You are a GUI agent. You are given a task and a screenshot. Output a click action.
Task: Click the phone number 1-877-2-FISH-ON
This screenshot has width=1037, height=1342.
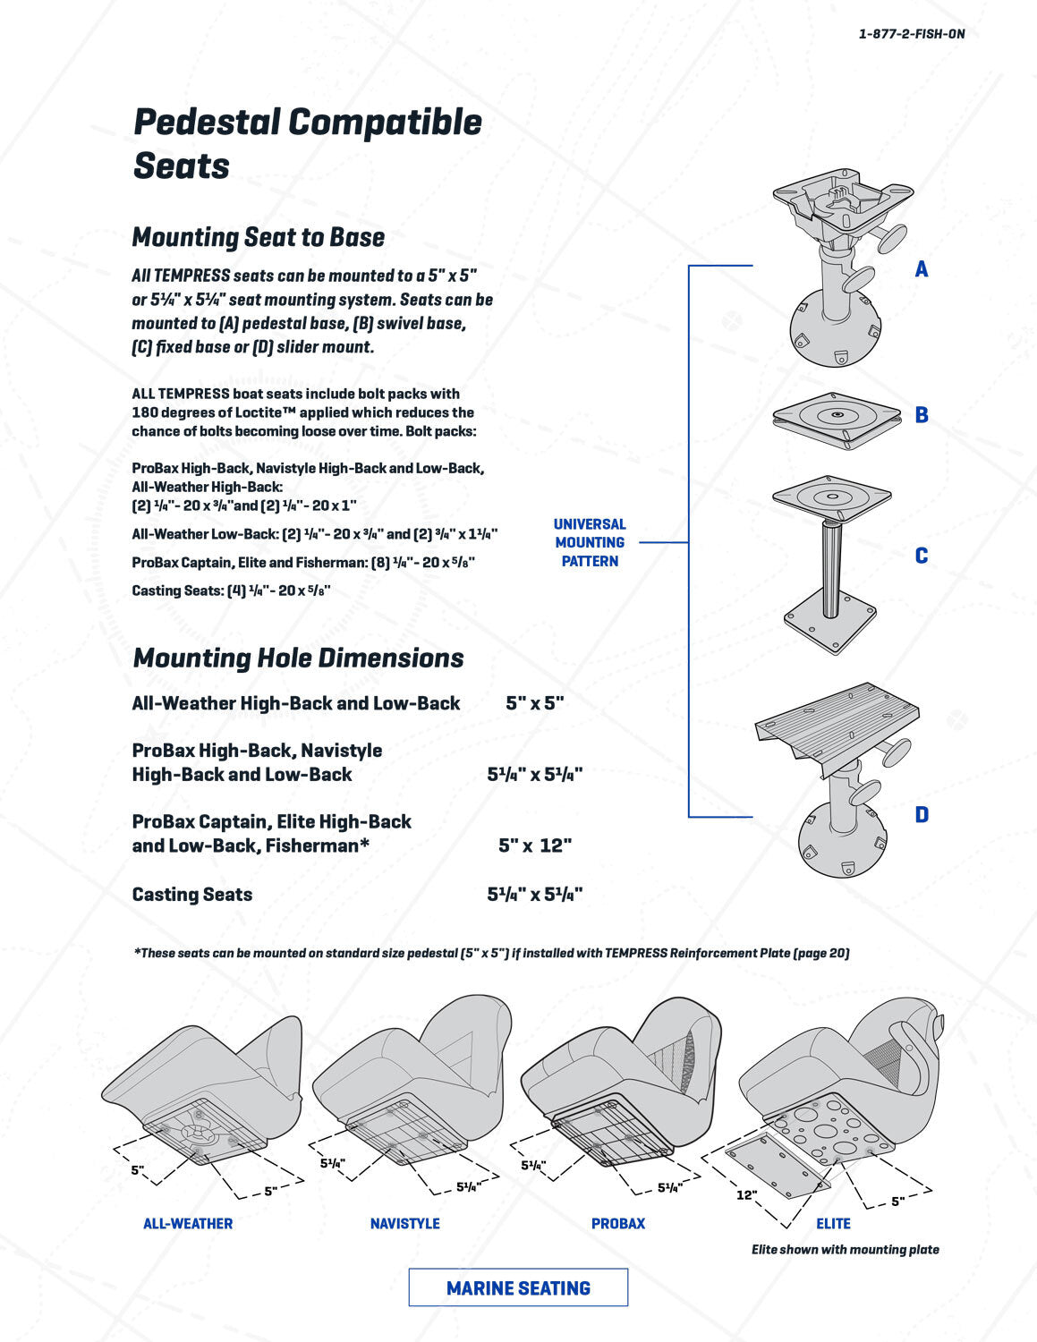pyautogui.click(x=911, y=34)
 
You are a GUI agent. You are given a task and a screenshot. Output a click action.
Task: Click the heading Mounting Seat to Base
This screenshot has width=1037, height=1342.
pyautogui.click(x=258, y=237)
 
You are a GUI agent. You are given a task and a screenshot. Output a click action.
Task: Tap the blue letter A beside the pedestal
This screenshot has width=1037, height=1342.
pyautogui.click(x=921, y=269)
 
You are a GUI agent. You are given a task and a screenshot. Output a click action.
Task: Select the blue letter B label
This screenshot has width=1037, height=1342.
pyautogui.click(x=921, y=415)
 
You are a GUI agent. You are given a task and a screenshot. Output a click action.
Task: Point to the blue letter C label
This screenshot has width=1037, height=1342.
pyautogui.click(x=921, y=556)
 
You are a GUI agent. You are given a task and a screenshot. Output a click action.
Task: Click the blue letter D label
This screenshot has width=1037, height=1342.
pyautogui.click(x=921, y=815)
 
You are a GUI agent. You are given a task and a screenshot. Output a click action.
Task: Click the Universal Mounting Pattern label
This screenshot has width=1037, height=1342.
pyautogui.click(x=590, y=542)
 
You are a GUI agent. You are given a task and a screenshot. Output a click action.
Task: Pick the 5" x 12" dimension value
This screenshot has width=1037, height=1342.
pyautogui.click(x=534, y=845)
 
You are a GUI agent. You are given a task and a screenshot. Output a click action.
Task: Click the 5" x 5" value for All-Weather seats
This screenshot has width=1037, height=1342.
pyautogui.click(x=534, y=703)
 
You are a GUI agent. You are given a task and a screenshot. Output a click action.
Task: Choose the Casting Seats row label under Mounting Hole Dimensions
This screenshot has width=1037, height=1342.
pyautogui.click(x=191, y=895)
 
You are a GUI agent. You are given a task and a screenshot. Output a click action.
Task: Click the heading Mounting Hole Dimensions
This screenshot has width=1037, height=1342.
pyautogui.click(x=297, y=658)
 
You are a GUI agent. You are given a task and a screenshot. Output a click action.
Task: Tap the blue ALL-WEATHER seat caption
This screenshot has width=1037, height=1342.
pyautogui.click(x=188, y=1224)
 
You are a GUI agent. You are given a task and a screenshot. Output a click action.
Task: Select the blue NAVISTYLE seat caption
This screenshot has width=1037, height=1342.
pyautogui.click(x=404, y=1224)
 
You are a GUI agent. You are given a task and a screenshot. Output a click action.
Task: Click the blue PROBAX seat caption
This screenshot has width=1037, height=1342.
pyautogui.click(x=617, y=1224)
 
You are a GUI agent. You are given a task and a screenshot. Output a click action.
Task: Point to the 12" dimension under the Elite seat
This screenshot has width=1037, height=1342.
pyautogui.click(x=746, y=1195)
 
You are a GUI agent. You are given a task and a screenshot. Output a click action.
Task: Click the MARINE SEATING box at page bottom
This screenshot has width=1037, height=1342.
pyautogui.click(x=518, y=1288)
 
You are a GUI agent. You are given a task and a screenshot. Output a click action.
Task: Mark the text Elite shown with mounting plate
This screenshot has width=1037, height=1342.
pyautogui.click(x=845, y=1250)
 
